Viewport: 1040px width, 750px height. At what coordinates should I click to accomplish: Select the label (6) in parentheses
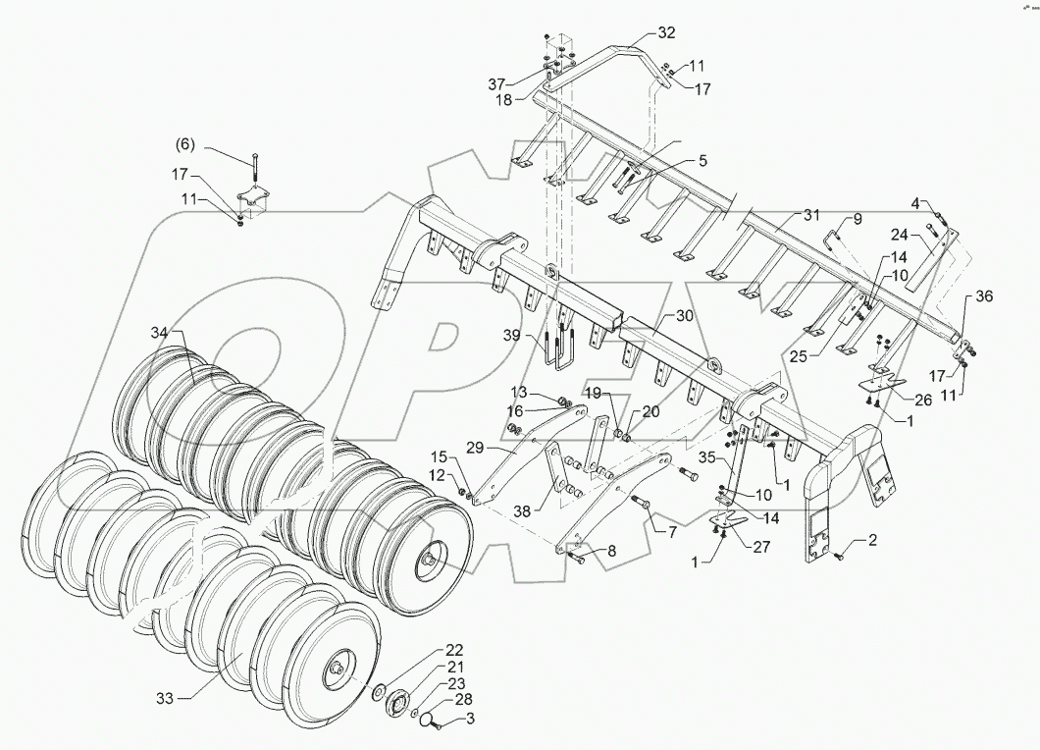[x=185, y=145]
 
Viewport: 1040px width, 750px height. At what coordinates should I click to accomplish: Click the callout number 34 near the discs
[x=161, y=333]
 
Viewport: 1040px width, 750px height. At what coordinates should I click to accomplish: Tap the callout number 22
[x=426, y=650]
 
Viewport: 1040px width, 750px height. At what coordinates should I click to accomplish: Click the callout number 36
[x=984, y=297]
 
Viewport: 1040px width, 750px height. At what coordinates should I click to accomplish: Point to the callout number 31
[x=809, y=215]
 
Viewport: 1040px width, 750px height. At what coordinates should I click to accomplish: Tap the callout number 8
[x=611, y=551]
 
